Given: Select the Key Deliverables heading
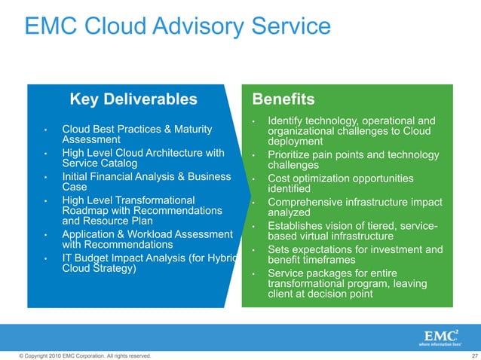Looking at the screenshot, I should click(x=133, y=99).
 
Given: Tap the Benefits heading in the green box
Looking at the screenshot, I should click(x=283, y=99).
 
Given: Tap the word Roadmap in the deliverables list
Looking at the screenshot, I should click(x=85, y=210).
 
